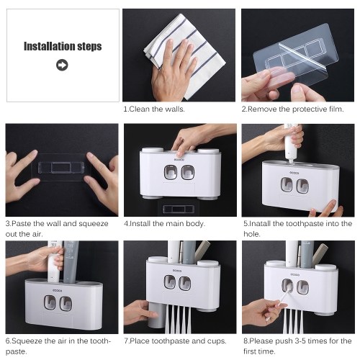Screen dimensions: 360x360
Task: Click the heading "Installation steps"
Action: [63, 46]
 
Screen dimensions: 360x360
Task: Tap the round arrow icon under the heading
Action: [62, 65]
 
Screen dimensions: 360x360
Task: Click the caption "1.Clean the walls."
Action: [154, 109]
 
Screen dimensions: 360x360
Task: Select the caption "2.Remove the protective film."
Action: [292, 109]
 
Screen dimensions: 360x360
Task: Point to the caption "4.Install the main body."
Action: [164, 224]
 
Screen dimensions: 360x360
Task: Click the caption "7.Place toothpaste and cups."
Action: [175, 341]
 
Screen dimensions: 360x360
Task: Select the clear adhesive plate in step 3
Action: [61, 167]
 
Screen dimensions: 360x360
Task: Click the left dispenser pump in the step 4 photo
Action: [171, 172]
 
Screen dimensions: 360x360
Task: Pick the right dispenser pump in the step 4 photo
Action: [187, 172]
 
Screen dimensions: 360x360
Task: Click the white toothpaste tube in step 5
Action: [291, 144]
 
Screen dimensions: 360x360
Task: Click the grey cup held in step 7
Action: [156, 315]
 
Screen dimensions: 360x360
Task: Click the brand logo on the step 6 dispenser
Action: [58, 291]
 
